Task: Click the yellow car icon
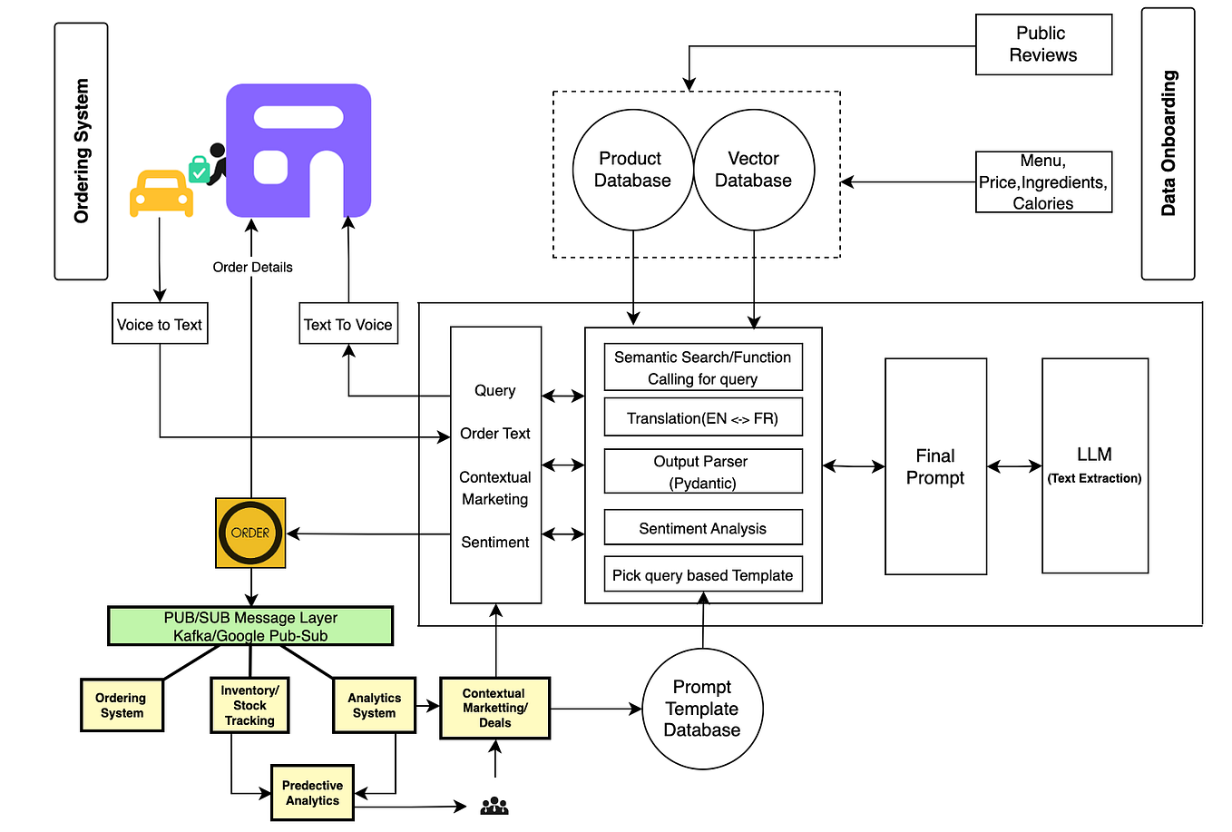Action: pyautogui.click(x=161, y=193)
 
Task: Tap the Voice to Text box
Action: pyautogui.click(x=160, y=324)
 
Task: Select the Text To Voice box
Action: pyautogui.click(x=348, y=324)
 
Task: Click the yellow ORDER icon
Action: pyautogui.click(x=250, y=533)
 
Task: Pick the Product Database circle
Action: pyautogui.click(x=632, y=170)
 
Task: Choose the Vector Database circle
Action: pyautogui.click(x=754, y=170)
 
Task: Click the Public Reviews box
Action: pyautogui.click(x=1043, y=44)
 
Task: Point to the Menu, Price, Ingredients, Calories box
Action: pyautogui.click(x=1043, y=182)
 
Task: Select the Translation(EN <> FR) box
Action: pyautogui.click(x=703, y=417)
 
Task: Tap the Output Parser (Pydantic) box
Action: pyautogui.click(x=703, y=472)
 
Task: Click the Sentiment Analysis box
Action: pyautogui.click(x=703, y=528)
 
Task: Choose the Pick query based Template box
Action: pyautogui.click(x=703, y=574)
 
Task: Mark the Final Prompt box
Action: pyautogui.click(x=935, y=466)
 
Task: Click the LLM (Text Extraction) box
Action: pyautogui.click(x=1095, y=465)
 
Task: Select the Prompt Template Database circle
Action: pyautogui.click(x=702, y=709)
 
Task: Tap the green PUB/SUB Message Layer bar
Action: pyautogui.click(x=250, y=626)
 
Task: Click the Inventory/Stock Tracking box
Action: pyautogui.click(x=249, y=705)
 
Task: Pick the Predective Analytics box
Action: pyautogui.click(x=312, y=793)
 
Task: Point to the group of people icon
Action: pyautogui.click(x=494, y=806)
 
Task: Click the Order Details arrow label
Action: pyautogui.click(x=252, y=267)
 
